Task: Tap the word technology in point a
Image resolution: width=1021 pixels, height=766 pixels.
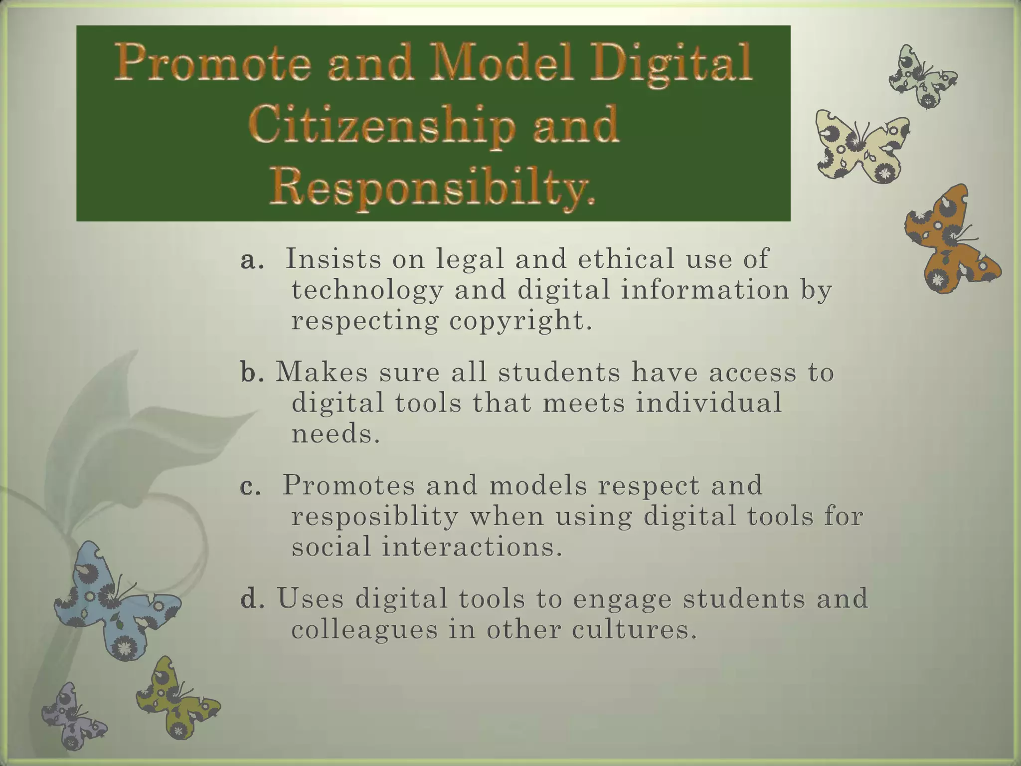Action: click(367, 290)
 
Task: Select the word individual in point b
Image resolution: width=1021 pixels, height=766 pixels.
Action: click(708, 403)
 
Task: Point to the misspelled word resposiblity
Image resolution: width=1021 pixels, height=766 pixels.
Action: click(374, 516)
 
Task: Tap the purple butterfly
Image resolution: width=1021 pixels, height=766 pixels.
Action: click(72, 715)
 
